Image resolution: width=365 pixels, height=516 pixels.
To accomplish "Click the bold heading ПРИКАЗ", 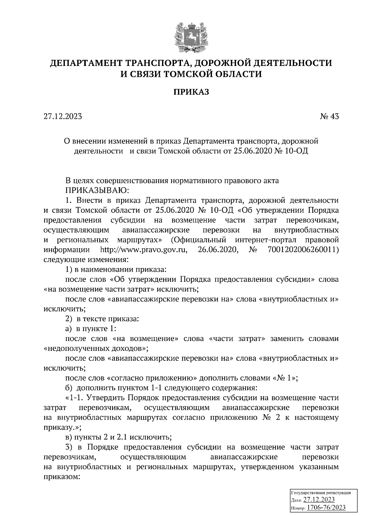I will (191, 92).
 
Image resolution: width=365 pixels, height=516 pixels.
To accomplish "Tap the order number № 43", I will (329, 116).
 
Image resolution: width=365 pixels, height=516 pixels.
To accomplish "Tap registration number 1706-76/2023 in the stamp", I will (326, 507).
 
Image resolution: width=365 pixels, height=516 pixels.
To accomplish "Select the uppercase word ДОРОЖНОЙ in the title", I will (224, 63).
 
